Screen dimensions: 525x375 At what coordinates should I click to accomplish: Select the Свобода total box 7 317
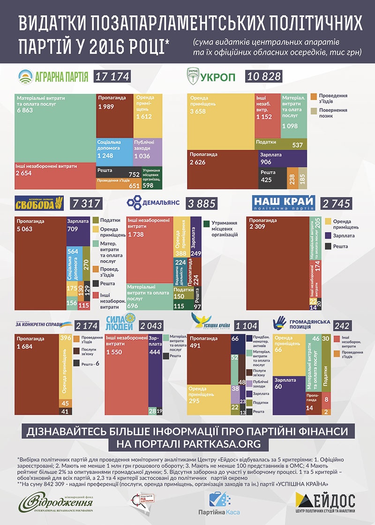(x=84, y=203)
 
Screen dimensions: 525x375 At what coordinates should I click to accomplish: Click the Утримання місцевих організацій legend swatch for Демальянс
(x=206, y=224)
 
